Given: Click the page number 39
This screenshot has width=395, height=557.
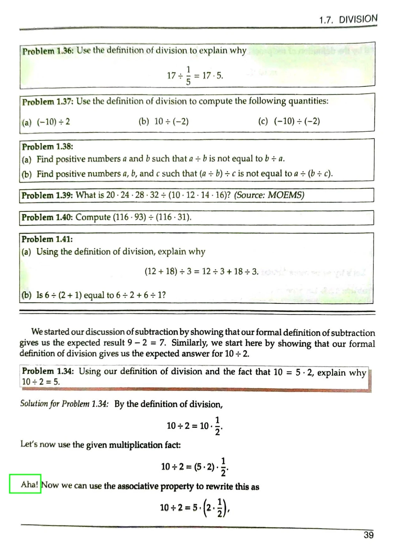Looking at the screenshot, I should (x=368, y=535).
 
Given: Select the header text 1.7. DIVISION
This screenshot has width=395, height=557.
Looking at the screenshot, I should (x=348, y=19).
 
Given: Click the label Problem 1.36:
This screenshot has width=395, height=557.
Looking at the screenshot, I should (x=48, y=51).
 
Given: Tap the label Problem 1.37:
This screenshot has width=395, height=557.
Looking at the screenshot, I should (x=48, y=102).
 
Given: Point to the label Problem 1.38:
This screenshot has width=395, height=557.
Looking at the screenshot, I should (x=47, y=147).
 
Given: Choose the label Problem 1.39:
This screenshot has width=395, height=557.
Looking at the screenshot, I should (x=47, y=195).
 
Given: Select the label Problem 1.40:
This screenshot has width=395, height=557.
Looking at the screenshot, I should (x=47, y=217).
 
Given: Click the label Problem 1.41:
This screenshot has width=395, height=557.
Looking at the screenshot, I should (x=47, y=239).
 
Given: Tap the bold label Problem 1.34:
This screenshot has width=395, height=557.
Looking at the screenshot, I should (x=48, y=371).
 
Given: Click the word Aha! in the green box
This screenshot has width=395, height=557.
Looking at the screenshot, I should (x=29, y=485).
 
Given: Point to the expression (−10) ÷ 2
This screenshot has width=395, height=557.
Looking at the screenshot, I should (x=53, y=122).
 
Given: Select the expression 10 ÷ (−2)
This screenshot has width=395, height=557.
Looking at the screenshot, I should (x=171, y=122).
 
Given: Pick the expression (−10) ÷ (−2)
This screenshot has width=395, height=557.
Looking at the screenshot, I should (x=297, y=121).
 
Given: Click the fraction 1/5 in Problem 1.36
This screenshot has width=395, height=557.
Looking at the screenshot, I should (x=188, y=76).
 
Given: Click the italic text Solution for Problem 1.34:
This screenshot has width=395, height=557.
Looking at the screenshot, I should (x=64, y=404).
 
